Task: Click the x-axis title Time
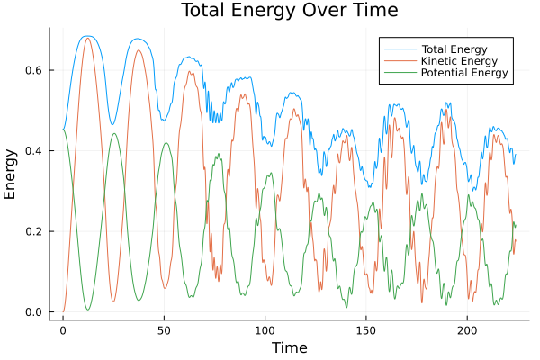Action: (289, 347)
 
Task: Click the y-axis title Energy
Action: (11, 175)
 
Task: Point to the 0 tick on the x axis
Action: (63, 330)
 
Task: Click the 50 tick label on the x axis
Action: (164, 330)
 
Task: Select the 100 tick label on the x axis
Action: (265, 330)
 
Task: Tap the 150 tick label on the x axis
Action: (366, 330)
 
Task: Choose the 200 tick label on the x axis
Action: (468, 330)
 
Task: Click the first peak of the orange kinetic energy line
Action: (87, 38)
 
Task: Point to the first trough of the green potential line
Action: (88, 310)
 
